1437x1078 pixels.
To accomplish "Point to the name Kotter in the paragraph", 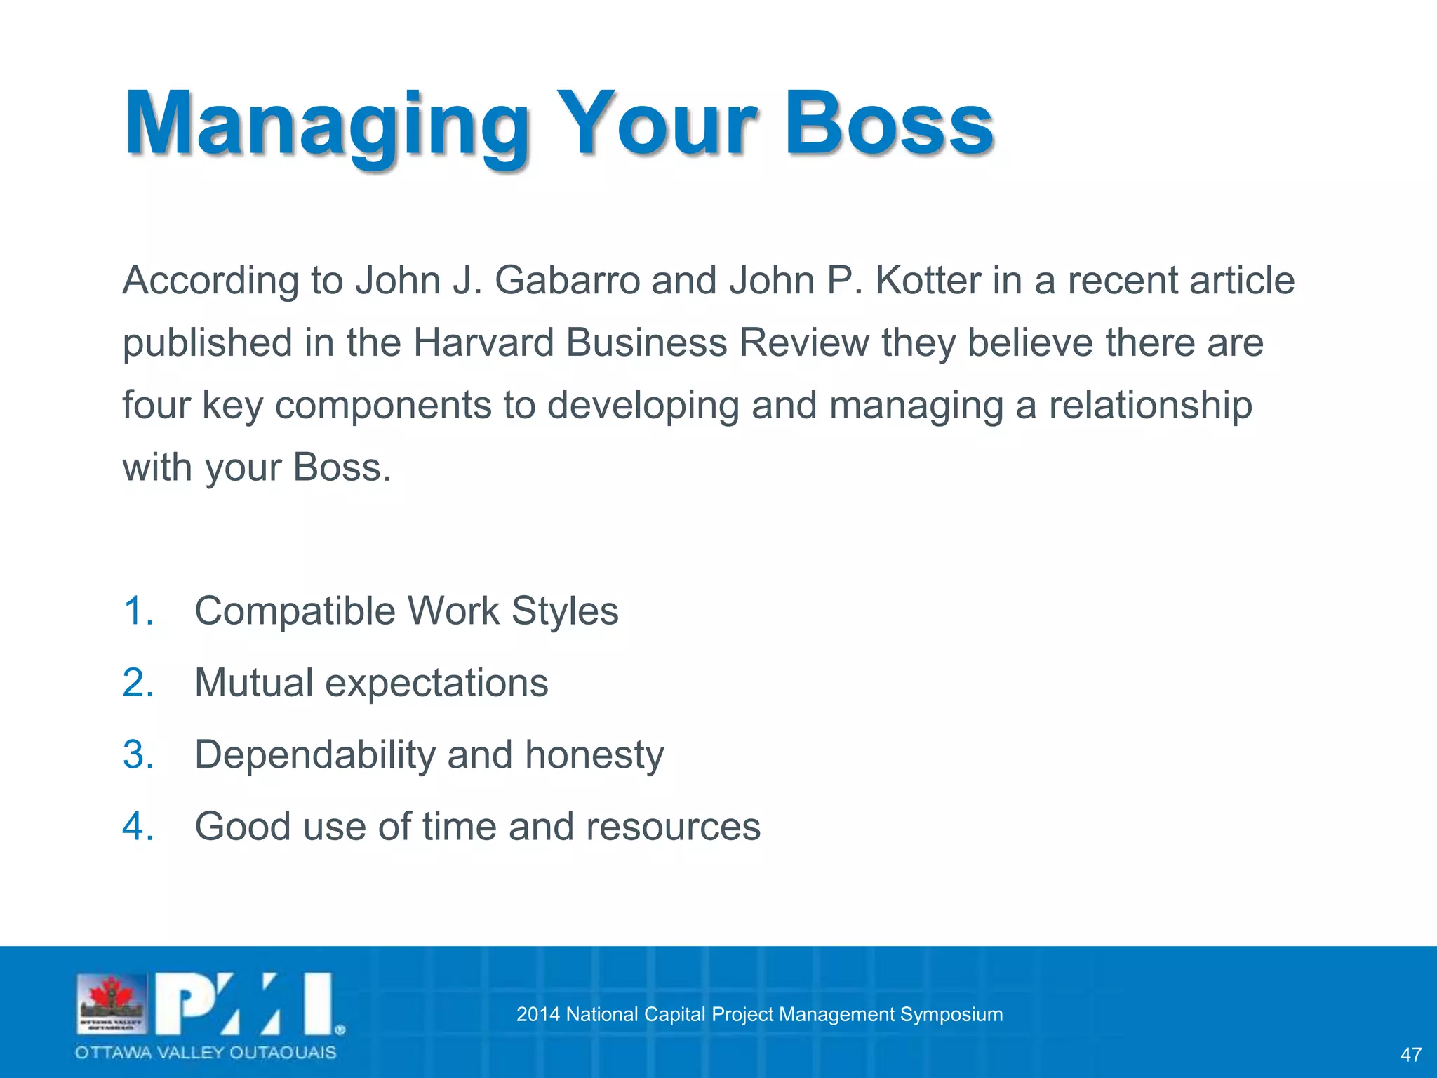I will point(928,281).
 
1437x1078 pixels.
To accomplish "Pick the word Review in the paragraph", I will point(804,343).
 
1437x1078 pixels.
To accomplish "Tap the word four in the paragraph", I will point(156,406).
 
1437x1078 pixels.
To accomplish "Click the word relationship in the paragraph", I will point(1150,406).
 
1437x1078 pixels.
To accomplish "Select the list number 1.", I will point(138,611).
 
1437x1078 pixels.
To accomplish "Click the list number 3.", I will point(138,755).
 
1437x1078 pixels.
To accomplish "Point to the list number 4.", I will point(138,827).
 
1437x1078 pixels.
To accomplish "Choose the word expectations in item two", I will point(436,684).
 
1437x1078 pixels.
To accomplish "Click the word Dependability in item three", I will point(315,755).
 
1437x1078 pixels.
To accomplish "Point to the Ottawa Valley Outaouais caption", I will point(206,1053).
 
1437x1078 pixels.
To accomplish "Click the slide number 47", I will point(1410,1055).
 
